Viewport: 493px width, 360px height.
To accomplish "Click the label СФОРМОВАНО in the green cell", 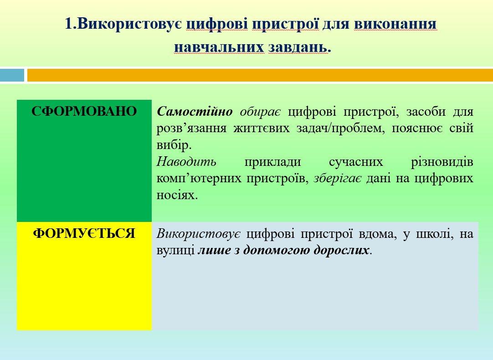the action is pyautogui.click(x=84, y=112).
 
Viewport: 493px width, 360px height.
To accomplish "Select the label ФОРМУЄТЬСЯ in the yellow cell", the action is pyautogui.click(x=84, y=234).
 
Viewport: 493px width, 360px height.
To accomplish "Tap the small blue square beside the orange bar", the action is pyautogui.click(x=12, y=75).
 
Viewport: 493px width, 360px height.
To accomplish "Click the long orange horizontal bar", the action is pyautogui.click(x=260, y=75).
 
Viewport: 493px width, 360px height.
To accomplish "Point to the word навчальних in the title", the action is pyautogui.click(x=219, y=47).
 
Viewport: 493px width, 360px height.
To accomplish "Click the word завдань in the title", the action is pyautogui.click(x=297, y=48).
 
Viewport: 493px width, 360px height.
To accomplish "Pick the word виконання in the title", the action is pyautogui.click(x=395, y=24).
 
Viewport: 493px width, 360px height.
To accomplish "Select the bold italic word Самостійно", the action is pyautogui.click(x=195, y=111).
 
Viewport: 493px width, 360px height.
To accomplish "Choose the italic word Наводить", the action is pyautogui.click(x=186, y=162).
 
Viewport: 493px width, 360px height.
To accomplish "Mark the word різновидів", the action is pyautogui.click(x=442, y=162).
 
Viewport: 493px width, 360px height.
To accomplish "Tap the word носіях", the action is pyautogui.click(x=176, y=195).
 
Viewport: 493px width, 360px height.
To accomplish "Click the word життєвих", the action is pyautogui.click(x=261, y=129).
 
